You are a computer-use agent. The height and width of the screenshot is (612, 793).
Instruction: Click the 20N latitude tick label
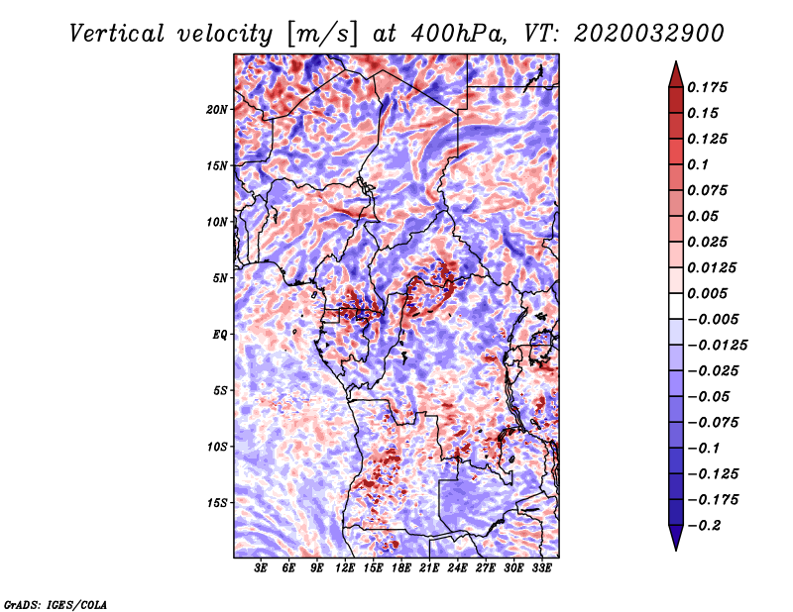click(217, 109)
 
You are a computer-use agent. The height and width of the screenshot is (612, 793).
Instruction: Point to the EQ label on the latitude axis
click(220, 334)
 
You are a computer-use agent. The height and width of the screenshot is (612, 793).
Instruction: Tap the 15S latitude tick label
click(217, 502)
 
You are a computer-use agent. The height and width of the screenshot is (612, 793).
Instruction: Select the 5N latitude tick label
click(220, 277)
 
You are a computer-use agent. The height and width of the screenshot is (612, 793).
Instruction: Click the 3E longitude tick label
click(262, 568)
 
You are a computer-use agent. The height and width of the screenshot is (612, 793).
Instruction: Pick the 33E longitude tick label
click(541, 568)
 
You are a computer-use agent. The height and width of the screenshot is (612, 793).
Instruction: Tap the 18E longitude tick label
click(401, 568)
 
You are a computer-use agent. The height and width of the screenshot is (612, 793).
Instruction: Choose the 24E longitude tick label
click(457, 568)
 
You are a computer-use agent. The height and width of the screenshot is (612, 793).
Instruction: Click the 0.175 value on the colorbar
click(711, 87)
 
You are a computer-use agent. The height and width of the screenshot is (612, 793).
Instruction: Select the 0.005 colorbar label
click(711, 293)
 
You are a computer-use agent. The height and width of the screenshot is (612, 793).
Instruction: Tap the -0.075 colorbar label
click(715, 422)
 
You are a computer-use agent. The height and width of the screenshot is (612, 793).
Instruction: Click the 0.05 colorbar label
click(704, 216)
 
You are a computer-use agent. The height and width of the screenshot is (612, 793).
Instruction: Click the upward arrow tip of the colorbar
click(675, 63)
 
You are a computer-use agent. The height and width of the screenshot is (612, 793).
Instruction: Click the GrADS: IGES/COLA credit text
click(56, 602)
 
